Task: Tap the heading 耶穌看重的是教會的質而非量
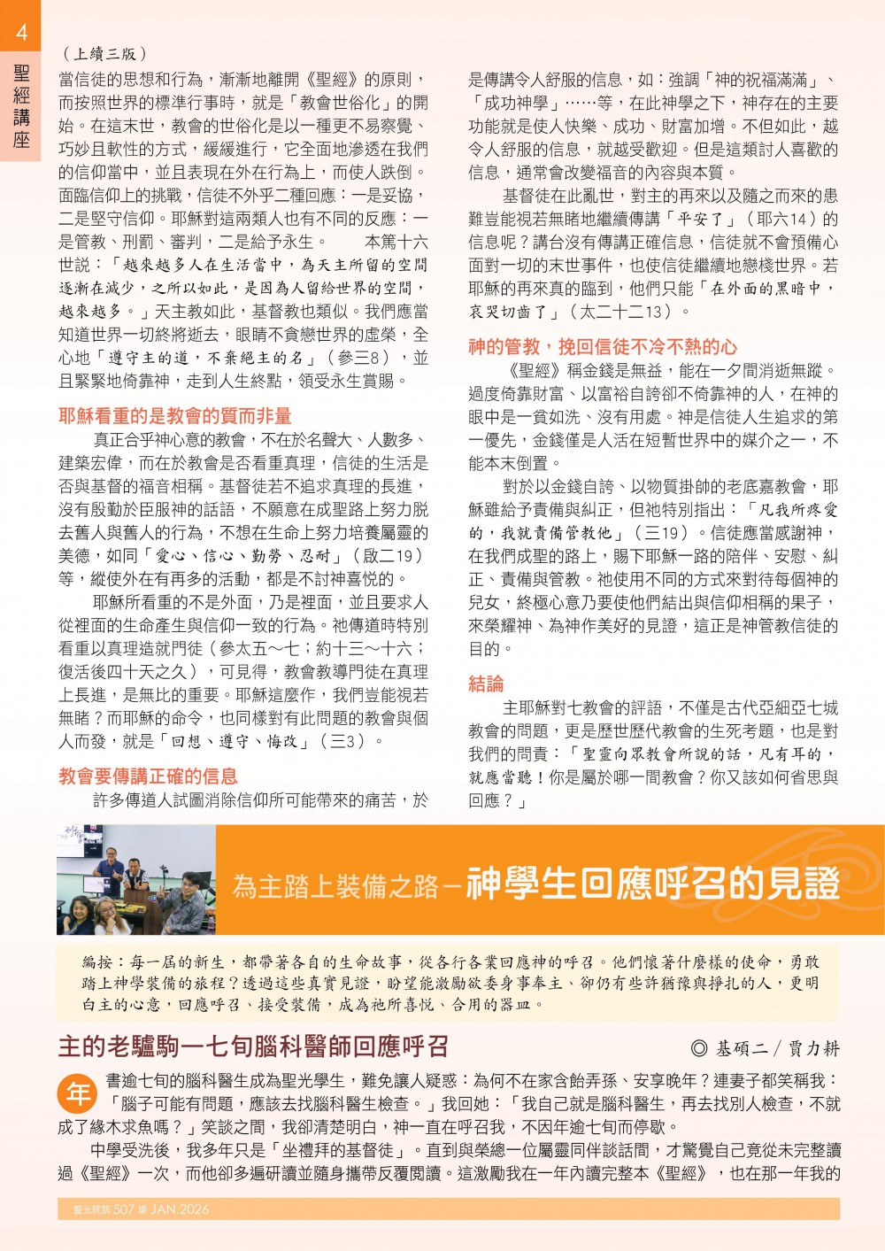coord(174,416)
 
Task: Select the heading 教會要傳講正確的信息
coord(148,776)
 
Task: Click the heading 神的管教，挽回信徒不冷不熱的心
coord(602,347)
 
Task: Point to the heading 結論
coord(486,683)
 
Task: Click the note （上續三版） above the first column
coord(105,54)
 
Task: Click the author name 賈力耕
coord(813,1048)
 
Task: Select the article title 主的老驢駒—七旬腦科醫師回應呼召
coord(253,1046)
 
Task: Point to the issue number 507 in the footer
coord(124,1209)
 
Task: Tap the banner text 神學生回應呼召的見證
coord(652,883)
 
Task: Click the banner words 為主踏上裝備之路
coord(335,885)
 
